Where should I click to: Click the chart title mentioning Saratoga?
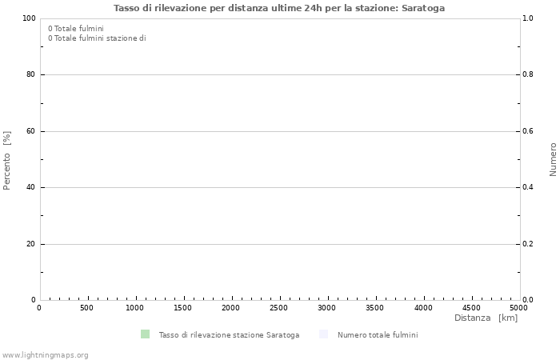pos(279,8)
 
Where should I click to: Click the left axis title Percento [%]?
pos(7,160)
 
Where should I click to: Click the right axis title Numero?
pos(552,159)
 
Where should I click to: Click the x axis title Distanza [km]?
pos(486,318)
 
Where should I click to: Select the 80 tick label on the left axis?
pos(31,74)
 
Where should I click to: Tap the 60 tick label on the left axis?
pos(31,131)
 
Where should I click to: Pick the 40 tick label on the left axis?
pos(31,187)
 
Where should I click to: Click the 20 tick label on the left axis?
pos(31,244)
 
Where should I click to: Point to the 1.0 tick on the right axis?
pos(528,18)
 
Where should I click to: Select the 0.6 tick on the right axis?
pos(528,131)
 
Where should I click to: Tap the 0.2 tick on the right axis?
pos(528,244)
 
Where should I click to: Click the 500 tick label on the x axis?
pos(87,308)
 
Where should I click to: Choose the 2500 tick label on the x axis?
pos(279,308)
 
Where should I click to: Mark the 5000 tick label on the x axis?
pos(518,308)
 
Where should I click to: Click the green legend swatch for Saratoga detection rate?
pos(145,334)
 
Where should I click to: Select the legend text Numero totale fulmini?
pos(378,335)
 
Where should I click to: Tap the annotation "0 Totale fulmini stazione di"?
pos(97,38)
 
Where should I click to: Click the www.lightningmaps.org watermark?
pos(46,355)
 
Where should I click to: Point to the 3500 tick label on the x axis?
pos(375,308)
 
